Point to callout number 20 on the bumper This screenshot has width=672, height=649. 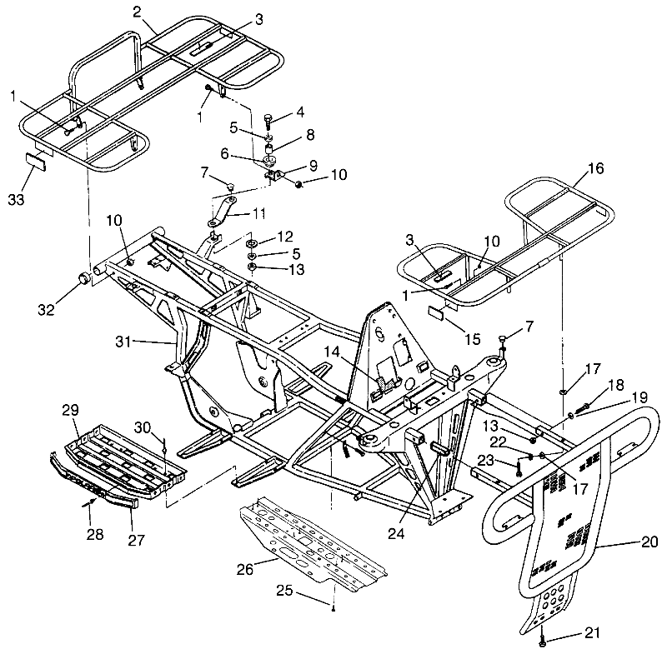pos(649,542)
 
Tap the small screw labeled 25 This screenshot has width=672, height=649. pos(333,609)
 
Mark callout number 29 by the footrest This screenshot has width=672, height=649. pos(71,411)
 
